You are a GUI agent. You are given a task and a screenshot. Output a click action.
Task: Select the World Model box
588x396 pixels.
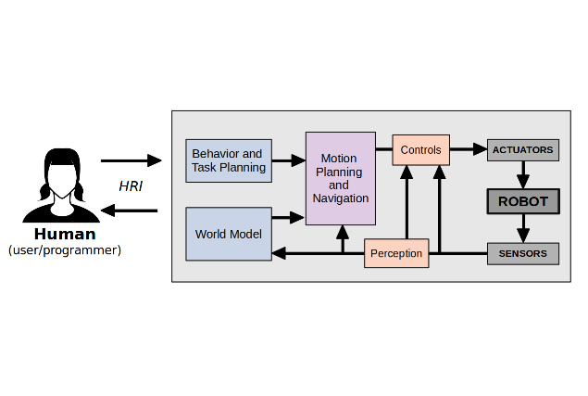(x=229, y=234)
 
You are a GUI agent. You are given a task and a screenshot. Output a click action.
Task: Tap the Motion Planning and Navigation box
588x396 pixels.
(x=341, y=178)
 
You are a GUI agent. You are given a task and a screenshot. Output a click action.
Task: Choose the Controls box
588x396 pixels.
(x=420, y=149)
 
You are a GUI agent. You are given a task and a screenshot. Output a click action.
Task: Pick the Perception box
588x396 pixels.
(x=396, y=253)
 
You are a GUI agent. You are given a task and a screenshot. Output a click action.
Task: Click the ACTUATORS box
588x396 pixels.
(x=522, y=149)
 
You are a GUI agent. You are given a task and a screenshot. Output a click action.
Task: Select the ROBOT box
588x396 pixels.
(x=522, y=201)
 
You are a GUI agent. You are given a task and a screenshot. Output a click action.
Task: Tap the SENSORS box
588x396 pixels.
(x=522, y=253)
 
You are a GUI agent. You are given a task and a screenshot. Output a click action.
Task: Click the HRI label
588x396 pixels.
(x=131, y=185)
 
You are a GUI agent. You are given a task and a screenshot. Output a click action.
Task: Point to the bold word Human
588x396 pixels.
(x=65, y=234)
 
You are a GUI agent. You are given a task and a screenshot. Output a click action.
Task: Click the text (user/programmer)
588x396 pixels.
(x=65, y=250)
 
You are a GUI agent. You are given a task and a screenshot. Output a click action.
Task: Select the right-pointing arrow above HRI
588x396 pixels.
(x=131, y=160)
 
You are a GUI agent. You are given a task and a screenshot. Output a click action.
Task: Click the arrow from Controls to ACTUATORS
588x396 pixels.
(x=468, y=149)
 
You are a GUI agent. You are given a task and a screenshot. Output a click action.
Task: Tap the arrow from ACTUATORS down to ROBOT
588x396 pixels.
(x=522, y=174)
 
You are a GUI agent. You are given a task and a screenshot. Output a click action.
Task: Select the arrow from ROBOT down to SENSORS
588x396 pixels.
(x=522, y=228)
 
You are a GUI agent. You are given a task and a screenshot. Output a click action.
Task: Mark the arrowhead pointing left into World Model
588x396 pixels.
(x=280, y=253)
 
